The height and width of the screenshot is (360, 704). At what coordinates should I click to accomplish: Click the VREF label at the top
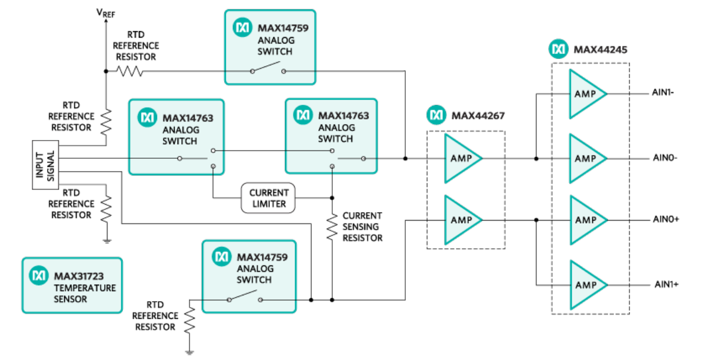tap(106, 11)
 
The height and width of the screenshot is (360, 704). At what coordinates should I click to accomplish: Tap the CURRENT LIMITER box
tap(268, 198)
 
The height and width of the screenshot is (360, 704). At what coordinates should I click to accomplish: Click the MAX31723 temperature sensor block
tap(72, 285)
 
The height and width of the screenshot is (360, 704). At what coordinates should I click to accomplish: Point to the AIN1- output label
tap(665, 93)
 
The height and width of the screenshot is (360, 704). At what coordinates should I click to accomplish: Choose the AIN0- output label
tap(665, 158)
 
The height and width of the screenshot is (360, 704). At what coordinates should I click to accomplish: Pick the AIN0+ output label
tap(665, 219)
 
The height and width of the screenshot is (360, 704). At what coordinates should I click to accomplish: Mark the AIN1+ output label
tap(665, 285)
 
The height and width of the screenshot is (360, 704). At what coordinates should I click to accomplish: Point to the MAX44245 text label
tap(600, 49)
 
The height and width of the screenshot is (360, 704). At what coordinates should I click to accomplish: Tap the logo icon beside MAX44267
tap(436, 115)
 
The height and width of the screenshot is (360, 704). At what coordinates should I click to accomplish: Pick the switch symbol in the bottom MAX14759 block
tap(245, 299)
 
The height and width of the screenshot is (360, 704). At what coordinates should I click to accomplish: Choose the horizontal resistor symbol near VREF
tap(130, 71)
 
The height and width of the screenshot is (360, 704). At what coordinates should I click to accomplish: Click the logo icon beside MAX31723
tap(40, 275)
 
